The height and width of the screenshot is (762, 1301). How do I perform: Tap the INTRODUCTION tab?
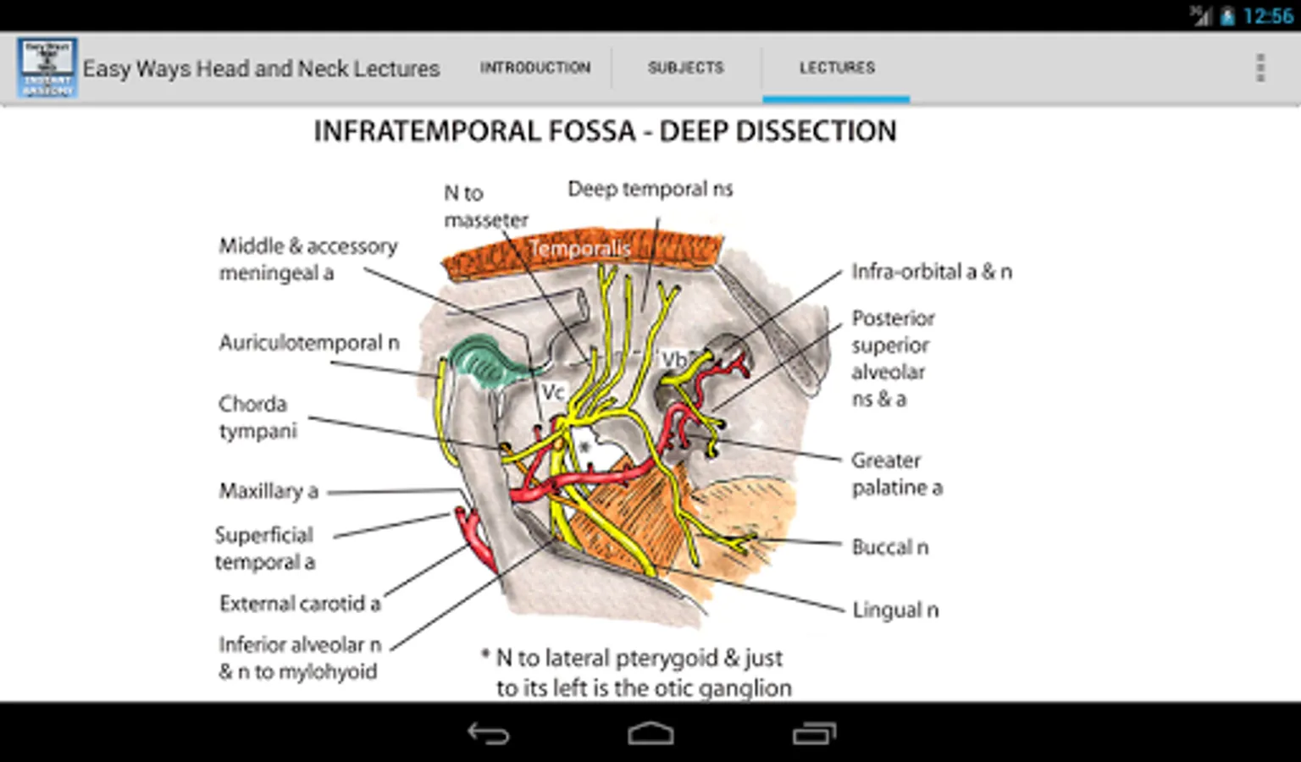pyautogui.click(x=535, y=68)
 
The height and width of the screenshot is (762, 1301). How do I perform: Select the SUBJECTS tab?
pyautogui.click(x=686, y=68)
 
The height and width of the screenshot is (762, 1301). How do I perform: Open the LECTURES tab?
pyautogui.click(x=837, y=68)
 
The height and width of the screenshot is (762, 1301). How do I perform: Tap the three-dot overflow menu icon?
pyautogui.click(x=1260, y=68)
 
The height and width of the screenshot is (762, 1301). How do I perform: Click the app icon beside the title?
pyautogui.click(x=47, y=68)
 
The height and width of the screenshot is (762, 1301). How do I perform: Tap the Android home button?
pyautogui.click(x=650, y=733)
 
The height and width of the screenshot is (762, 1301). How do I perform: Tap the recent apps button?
pyautogui.click(x=814, y=733)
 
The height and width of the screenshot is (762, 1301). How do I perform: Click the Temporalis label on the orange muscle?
pyautogui.click(x=580, y=248)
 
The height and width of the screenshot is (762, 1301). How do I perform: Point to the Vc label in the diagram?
pyautogui.click(x=553, y=392)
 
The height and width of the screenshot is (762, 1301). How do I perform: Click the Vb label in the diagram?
pyautogui.click(x=673, y=359)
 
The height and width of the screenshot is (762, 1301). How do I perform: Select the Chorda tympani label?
pyautogui.click(x=257, y=417)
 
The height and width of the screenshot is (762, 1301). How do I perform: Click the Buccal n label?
pyautogui.click(x=889, y=547)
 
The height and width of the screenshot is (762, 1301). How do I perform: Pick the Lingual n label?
pyautogui.click(x=895, y=610)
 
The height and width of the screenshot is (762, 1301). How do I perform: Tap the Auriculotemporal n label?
pyautogui.click(x=309, y=343)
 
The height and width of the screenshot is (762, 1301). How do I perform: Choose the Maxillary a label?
pyautogui.click(x=269, y=491)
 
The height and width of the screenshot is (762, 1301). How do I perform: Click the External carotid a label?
pyautogui.click(x=300, y=604)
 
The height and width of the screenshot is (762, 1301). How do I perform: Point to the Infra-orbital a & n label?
pyautogui.click(x=932, y=272)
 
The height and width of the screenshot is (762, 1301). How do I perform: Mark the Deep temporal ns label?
pyautogui.click(x=650, y=189)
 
